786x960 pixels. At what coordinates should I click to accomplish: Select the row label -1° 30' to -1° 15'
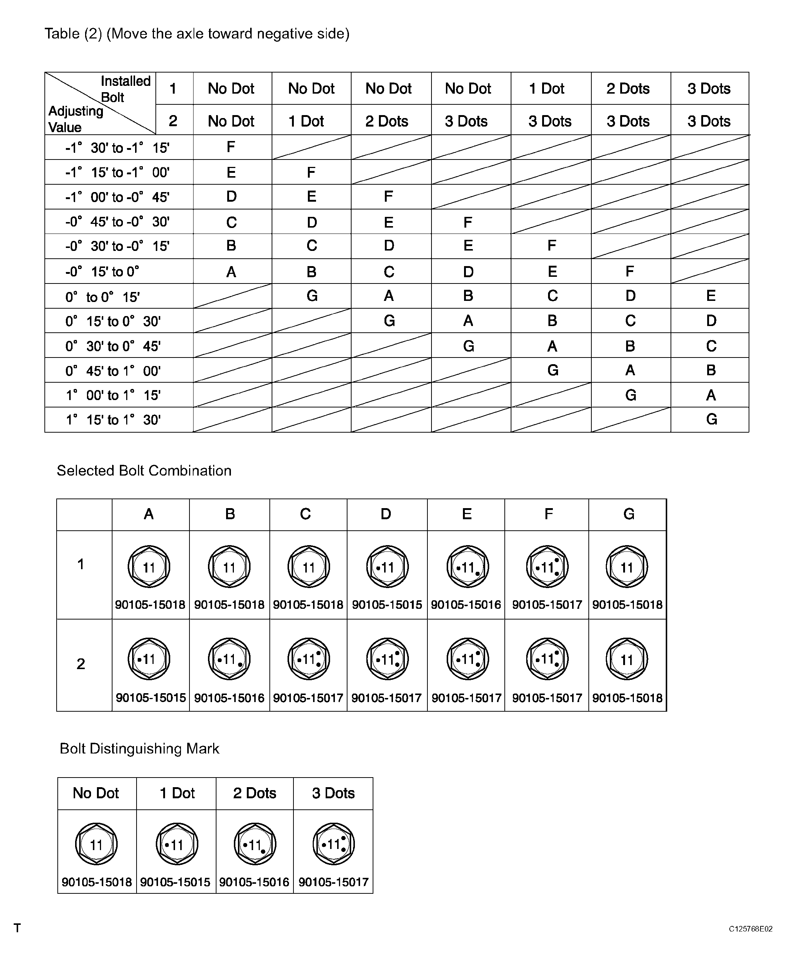click(117, 148)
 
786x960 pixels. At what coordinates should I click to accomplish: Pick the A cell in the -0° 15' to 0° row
click(231, 272)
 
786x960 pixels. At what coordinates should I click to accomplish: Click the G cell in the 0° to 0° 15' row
click(312, 296)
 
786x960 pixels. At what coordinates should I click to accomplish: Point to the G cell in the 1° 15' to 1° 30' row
click(711, 419)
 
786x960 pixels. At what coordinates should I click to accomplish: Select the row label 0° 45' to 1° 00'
click(113, 371)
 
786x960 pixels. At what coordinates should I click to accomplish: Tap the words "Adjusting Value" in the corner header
click(75, 119)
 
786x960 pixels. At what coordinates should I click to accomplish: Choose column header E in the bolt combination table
click(467, 514)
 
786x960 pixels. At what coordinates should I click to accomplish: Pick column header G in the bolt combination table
click(628, 514)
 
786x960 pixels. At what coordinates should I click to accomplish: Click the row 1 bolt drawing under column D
click(387, 567)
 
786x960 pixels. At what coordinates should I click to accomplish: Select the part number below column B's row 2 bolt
click(229, 698)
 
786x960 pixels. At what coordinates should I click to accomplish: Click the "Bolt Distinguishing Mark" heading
click(140, 749)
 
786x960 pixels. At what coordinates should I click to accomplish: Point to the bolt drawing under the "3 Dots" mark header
click(334, 844)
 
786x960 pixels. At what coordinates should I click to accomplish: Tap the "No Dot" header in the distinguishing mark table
click(96, 793)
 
